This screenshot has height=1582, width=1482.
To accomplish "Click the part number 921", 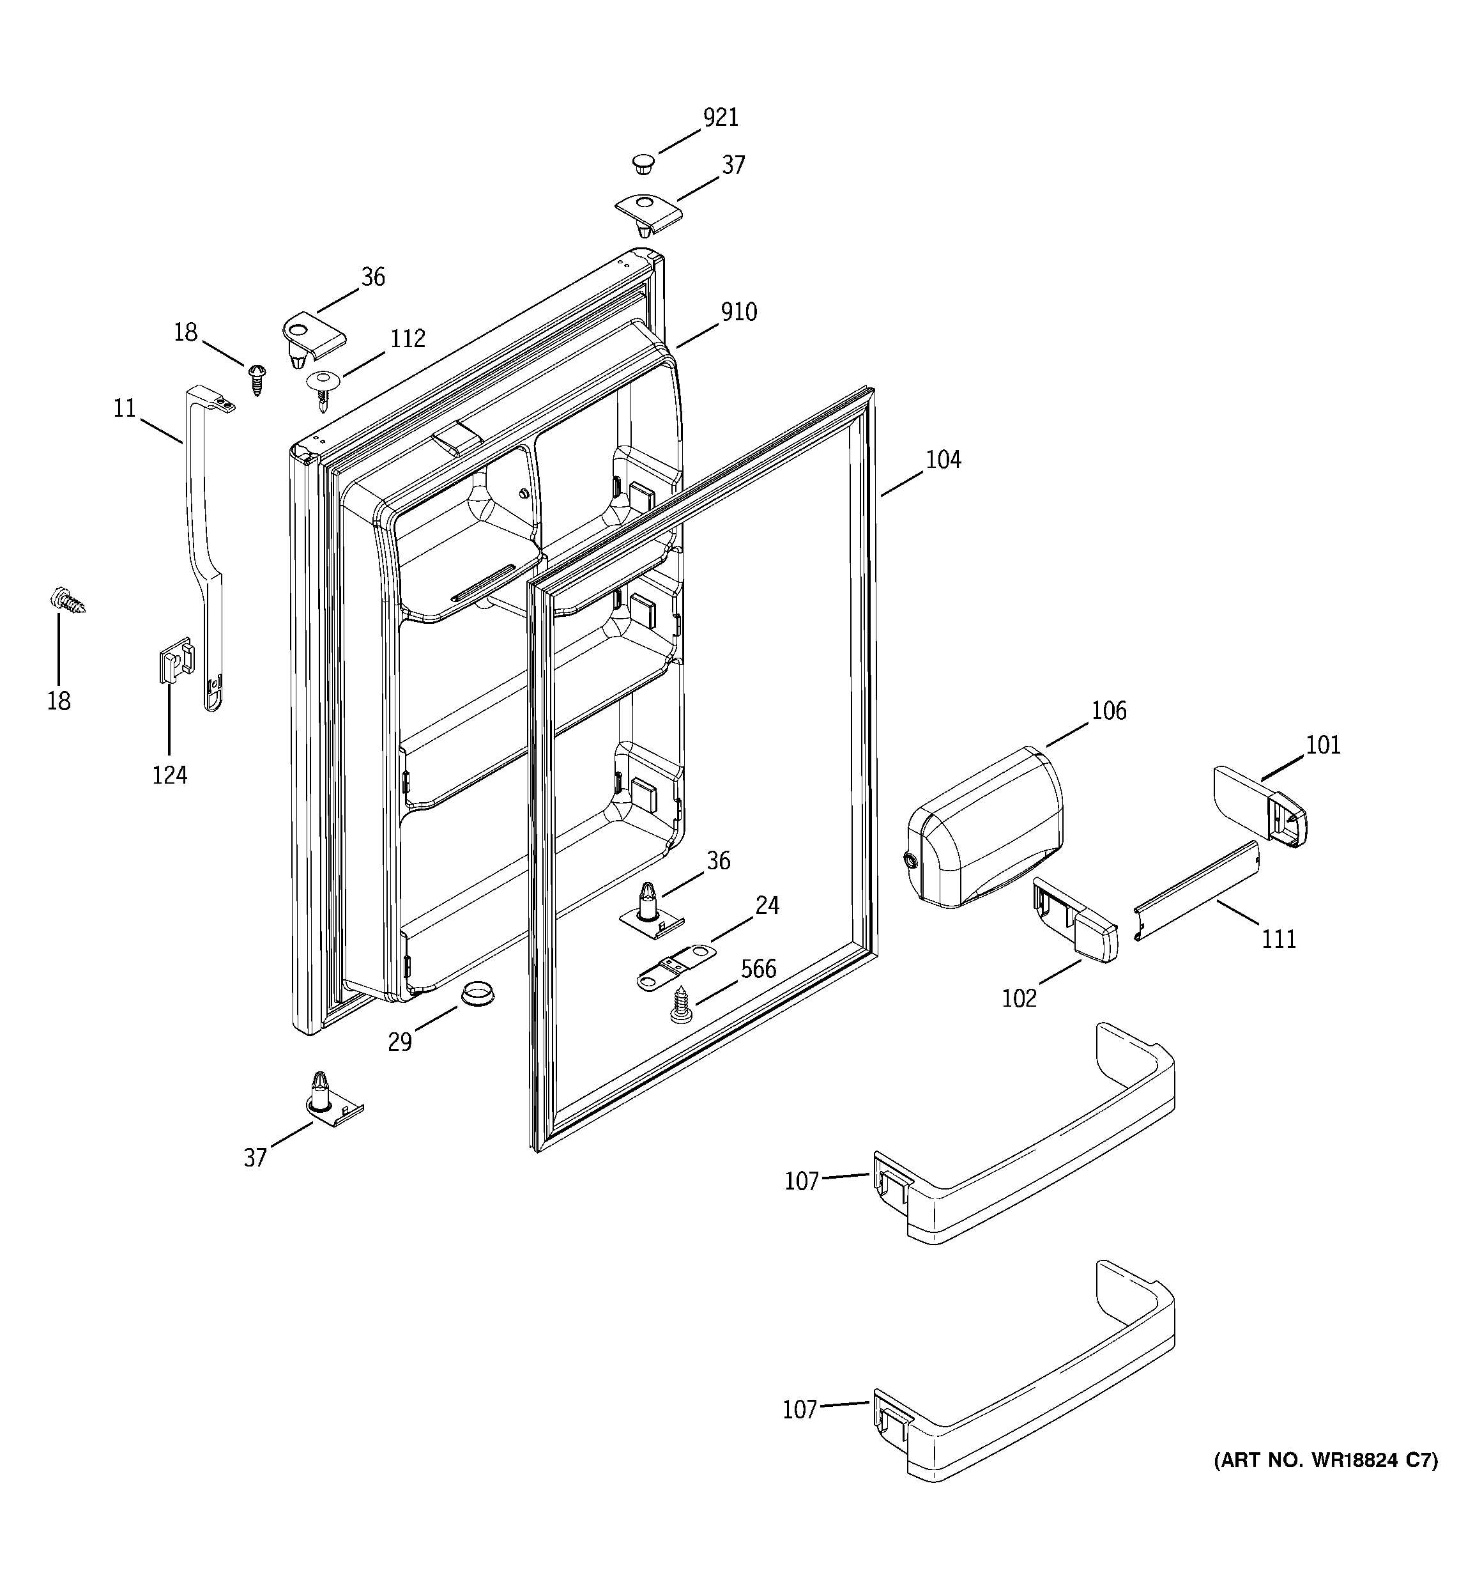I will click(x=720, y=118).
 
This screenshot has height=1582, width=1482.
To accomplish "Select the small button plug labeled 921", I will click(x=643, y=165).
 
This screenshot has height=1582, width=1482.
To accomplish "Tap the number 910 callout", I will click(x=738, y=312).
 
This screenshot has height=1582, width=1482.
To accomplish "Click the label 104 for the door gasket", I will click(x=943, y=460).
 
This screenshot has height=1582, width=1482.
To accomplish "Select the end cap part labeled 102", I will click(x=1074, y=919).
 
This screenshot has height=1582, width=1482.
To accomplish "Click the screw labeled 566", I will click(x=681, y=1004).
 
